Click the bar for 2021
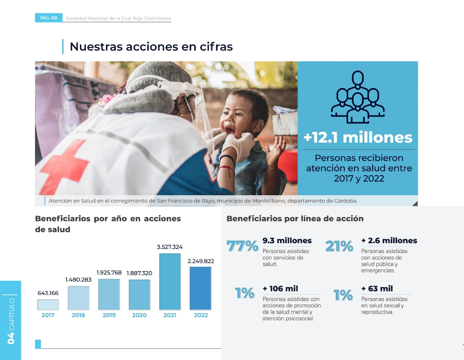(170, 282)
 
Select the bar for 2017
(48, 305)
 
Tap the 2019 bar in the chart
(109, 295)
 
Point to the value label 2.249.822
(201, 261)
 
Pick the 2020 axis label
(139, 315)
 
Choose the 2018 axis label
(78, 315)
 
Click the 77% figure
(242, 246)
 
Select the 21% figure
(339, 246)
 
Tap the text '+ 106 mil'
(280, 289)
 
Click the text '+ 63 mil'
(377, 289)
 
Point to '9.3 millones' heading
(287, 241)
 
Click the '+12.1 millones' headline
(358, 137)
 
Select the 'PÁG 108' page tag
(48, 18)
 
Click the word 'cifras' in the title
(216, 47)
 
